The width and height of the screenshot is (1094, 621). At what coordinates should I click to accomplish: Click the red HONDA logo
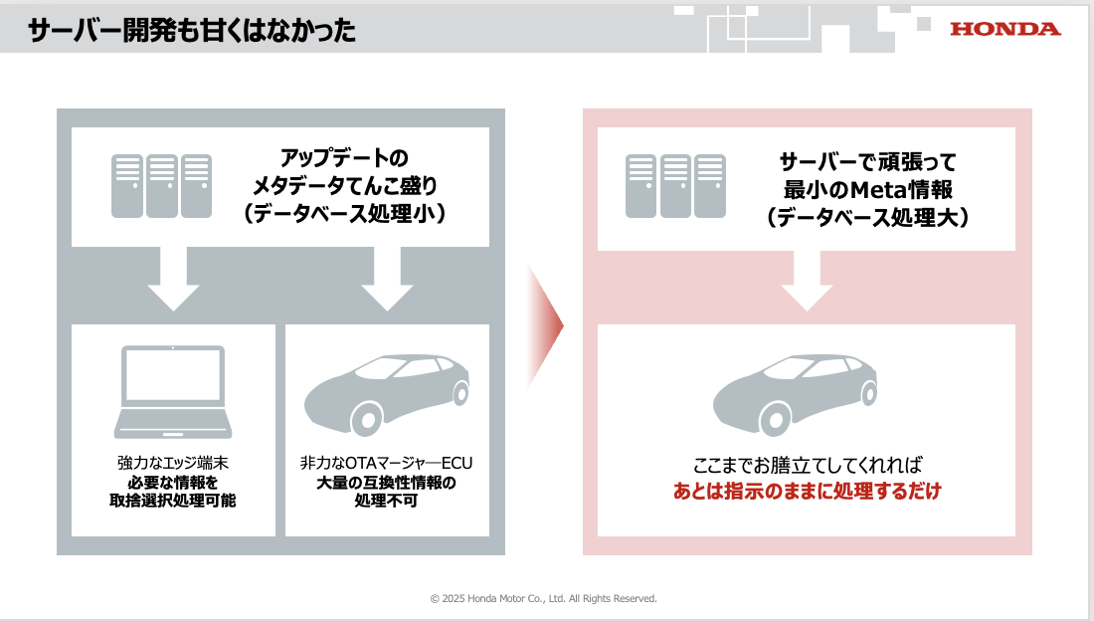(1004, 29)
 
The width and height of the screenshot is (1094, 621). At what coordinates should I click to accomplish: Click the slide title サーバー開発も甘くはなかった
(192, 31)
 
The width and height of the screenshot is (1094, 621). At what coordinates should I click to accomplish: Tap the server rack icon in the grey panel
(162, 186)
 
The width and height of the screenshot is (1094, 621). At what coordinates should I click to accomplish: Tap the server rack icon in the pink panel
(675, 186)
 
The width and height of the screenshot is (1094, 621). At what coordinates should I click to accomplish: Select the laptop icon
(173, 392)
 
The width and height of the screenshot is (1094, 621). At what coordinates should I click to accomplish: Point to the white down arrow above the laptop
(174, 280)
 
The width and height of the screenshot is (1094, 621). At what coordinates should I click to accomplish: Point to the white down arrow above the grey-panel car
(387, 280)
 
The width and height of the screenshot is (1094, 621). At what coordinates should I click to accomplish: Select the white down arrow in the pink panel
(807, 280)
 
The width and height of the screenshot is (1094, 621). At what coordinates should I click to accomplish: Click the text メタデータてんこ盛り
(344, 186)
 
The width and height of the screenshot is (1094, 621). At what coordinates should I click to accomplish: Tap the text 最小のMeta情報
(868, 189)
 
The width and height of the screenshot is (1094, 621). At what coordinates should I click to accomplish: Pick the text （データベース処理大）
(868, 217)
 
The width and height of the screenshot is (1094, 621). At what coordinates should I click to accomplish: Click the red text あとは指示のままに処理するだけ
(807, 491)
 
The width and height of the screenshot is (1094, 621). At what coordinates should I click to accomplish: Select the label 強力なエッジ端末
(173, 464)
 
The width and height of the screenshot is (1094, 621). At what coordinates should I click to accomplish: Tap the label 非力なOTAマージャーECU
(385, 464)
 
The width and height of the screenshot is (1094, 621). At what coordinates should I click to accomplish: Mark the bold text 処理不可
(386, 501)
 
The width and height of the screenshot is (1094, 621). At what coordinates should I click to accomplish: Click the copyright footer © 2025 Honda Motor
(544, 598)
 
